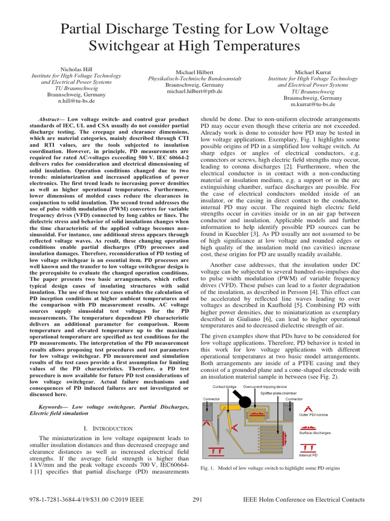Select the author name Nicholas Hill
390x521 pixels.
point(76,69)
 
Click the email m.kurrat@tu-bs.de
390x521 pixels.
point(313,104)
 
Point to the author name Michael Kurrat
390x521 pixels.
point(313,73)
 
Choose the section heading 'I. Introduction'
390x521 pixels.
point(107,428)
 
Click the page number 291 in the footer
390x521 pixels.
point(198,500)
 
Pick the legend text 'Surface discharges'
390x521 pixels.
point(315,433)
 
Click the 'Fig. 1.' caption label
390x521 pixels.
point(208,468)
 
